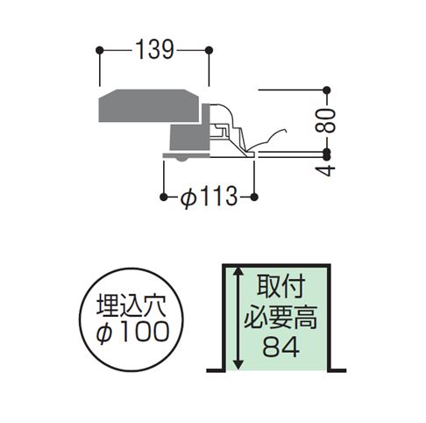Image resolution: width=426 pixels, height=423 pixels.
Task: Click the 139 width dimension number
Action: (x=155, y=50)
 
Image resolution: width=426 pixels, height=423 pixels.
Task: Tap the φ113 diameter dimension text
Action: (x=209, y=197)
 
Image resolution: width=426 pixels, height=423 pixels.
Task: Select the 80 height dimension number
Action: (x=327, y=120)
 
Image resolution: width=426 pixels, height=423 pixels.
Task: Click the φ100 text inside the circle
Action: (x=132, y=333)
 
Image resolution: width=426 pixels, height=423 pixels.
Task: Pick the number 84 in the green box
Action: (x=281, y=348)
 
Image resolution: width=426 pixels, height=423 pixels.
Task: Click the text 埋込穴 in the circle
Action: (x=131, y=306)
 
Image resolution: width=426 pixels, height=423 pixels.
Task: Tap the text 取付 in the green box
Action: (x=281, y=286)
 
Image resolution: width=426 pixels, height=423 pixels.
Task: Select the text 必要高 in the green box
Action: (x=280, y=318)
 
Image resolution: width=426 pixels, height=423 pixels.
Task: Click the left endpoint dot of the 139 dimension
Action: (x=100, y=50)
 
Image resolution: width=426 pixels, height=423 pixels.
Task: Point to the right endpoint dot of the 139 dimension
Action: (x=209, y=50)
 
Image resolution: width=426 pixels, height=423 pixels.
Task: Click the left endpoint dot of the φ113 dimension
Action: (x=164, y=197)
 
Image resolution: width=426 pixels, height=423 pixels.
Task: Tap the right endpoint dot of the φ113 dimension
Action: (x=254, y=197)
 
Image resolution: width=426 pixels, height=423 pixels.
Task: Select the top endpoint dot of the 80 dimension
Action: (x=327, y=90)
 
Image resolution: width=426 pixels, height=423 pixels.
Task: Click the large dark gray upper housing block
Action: (x=149, y=105)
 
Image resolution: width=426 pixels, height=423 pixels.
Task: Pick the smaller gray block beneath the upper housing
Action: (x=189, y=136)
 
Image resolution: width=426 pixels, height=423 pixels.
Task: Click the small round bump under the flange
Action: (x=182, y=160)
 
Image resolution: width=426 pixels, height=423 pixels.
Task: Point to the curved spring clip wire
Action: (x=267, y=140)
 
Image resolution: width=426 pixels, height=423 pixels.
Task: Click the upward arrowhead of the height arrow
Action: (x=238, y=271)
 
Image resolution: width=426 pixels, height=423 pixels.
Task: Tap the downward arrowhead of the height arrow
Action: (x=238, y=364)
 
